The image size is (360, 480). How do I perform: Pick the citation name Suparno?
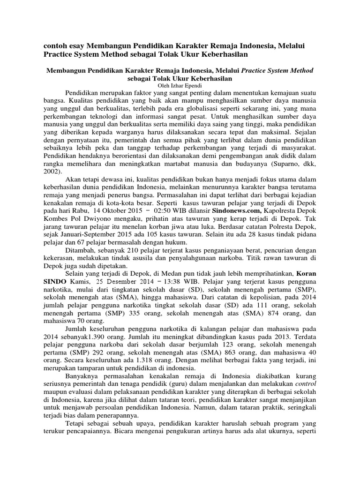click(x=286, y=164)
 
